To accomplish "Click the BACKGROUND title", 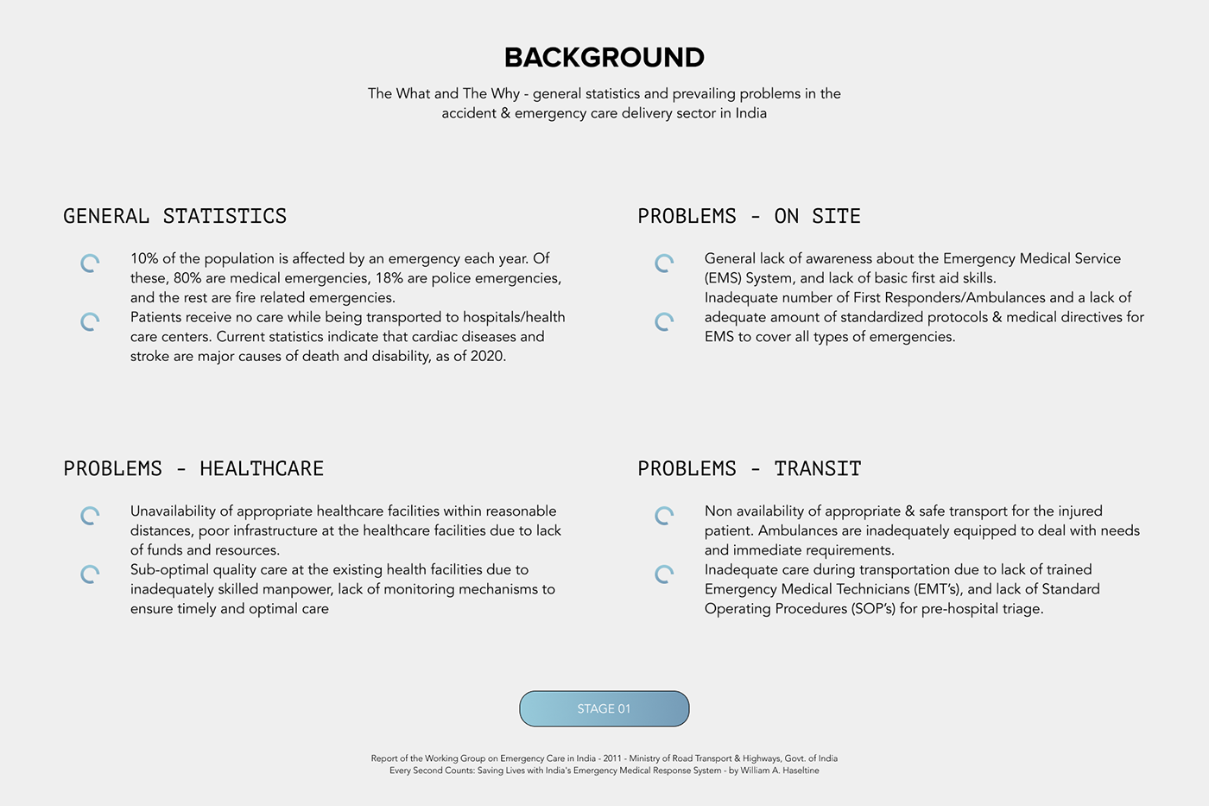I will [604, 57].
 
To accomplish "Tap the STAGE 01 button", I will [604, 708].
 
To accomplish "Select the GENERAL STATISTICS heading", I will [174, 216].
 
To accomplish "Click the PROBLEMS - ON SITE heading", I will [749, 216].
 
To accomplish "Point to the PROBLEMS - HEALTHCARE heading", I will [193, 468].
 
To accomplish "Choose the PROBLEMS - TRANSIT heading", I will [749, 468].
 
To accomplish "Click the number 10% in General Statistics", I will [143, 258].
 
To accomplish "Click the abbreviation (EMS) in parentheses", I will [722, 278].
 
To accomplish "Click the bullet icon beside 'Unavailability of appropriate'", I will [90, 516].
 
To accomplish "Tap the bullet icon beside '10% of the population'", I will [90, 263].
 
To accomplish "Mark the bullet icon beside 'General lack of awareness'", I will [664, 263].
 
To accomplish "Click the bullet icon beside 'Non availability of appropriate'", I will [664, 516].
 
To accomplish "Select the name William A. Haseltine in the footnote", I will [780, 771].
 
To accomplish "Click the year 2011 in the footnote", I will [612, 758].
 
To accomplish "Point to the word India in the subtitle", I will [750, 113].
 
